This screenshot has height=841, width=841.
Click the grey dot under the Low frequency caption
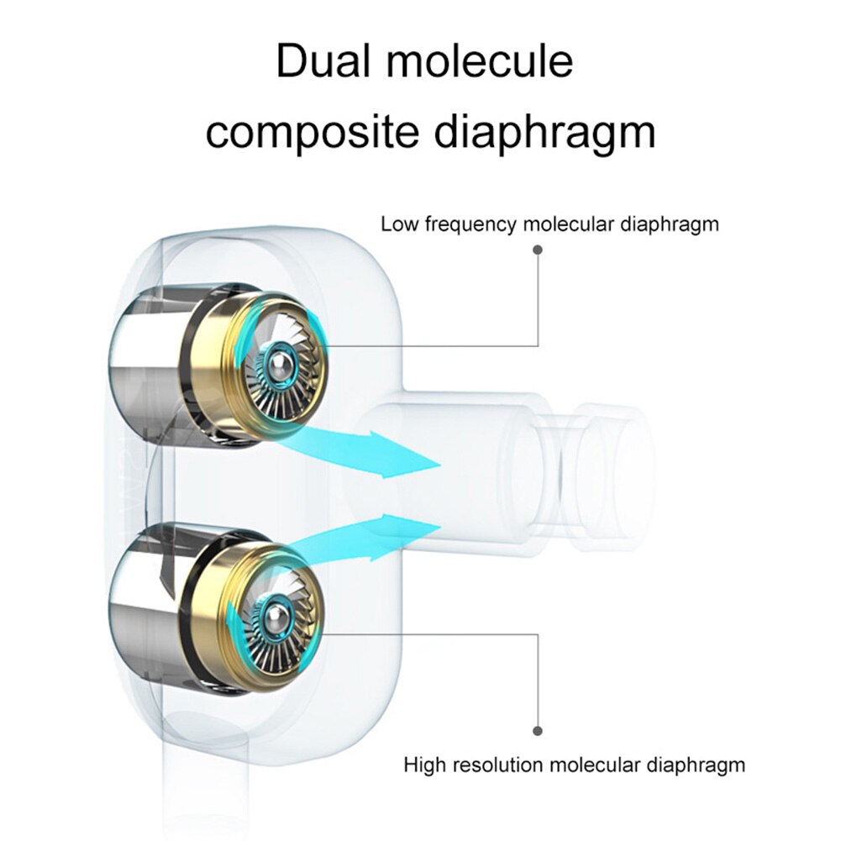(x=538, y=250)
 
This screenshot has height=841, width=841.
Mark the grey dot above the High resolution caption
(x=538, y=732)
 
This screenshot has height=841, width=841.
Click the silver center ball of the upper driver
(x=280, y=364)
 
